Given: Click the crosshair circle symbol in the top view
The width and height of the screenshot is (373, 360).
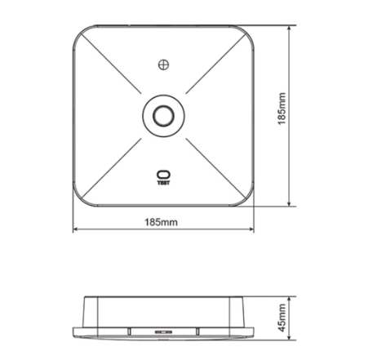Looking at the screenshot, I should pos(163,64).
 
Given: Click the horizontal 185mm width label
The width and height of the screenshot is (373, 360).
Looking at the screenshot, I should pos(162,221).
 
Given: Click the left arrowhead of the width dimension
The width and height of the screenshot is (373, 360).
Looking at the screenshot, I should pos(76,229).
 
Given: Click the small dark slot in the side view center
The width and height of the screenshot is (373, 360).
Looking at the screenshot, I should pos(162,331).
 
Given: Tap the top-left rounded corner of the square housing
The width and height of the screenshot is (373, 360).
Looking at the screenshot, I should pos(82,34).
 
